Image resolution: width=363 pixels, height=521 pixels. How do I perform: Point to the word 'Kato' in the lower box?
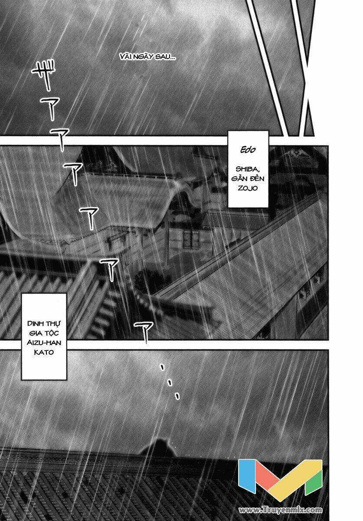(x=45, y=353)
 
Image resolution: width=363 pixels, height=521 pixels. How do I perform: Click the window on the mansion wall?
(x=191, y=237)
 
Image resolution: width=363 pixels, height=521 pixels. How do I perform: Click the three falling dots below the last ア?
(x=170, y=382)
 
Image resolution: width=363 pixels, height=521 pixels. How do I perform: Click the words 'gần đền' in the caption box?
(x=248, y=179)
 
